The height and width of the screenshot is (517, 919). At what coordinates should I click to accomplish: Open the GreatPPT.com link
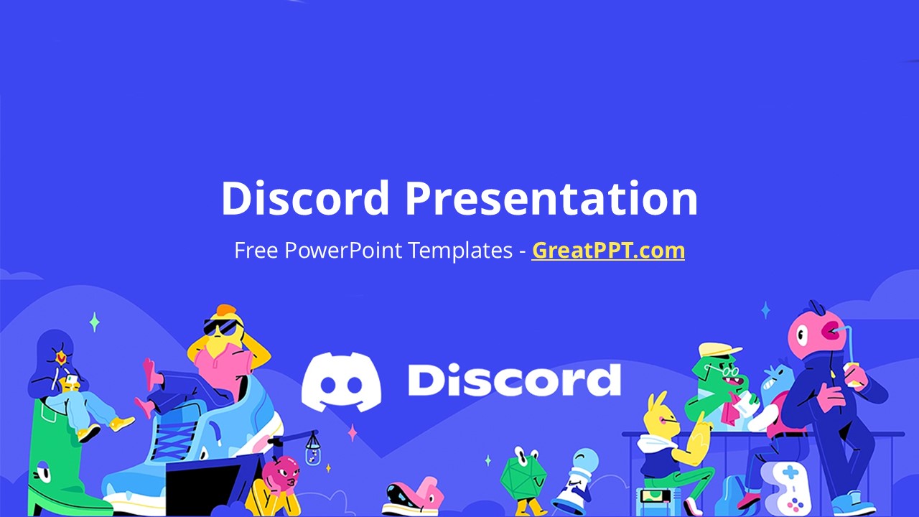point(608,251)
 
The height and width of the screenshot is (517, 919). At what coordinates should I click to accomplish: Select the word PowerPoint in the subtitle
point(343,251)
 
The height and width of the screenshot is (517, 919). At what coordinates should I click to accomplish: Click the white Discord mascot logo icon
point(341,381)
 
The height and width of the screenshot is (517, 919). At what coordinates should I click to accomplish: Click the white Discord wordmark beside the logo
point(515,380)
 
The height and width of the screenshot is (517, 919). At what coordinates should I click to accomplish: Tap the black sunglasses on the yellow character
point(222,327)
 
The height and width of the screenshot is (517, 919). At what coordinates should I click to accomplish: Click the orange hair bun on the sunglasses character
point(226,310)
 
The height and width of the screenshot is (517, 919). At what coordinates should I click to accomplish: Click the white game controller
point(785,488)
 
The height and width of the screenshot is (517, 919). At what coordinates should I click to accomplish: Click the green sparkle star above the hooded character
point(94,322)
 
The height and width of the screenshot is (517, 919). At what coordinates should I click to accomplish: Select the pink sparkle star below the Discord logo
point(352,433)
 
